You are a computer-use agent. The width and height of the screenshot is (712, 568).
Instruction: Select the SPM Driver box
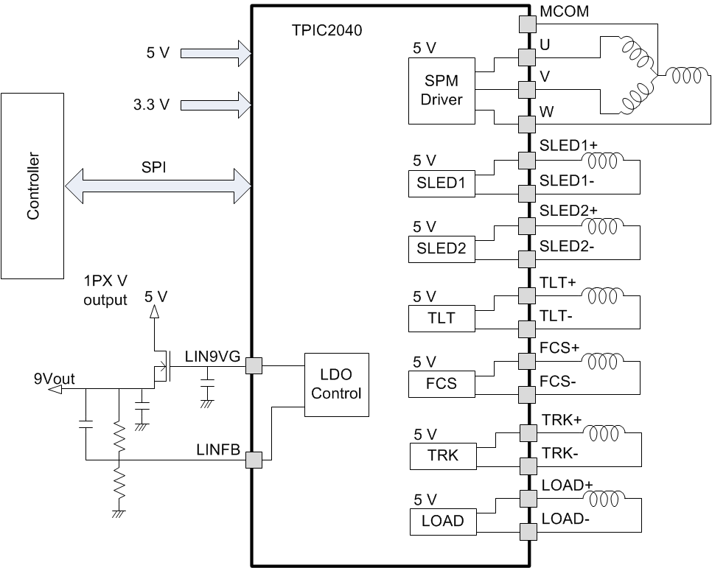coord(441,90)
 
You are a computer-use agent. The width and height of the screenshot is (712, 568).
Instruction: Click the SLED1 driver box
coord(442,183)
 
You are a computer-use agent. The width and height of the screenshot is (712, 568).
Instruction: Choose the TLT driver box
coord(441,318)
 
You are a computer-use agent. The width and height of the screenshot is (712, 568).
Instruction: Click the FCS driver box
coord(441,383)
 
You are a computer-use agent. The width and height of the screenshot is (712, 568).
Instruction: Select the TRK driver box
coord(442,455)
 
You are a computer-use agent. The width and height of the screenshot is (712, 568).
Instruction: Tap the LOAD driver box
coord(442,521)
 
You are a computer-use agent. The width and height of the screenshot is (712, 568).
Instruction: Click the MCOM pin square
coord(526,24)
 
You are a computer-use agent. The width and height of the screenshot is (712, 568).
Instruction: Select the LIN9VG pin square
coord(253,366)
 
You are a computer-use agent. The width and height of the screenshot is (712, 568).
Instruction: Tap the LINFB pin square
coord(253,460)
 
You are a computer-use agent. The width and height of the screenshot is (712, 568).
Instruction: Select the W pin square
coord(526,123)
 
